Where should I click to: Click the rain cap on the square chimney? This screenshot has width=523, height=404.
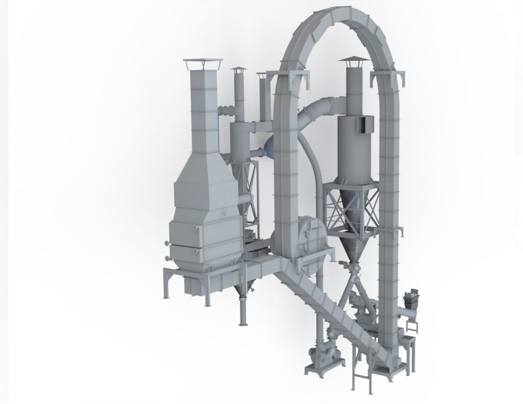[x=203, y=63]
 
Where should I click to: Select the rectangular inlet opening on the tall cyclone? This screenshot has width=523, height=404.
[x=365, y=123]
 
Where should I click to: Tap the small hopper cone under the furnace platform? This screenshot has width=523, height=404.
[x=243, y=290]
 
